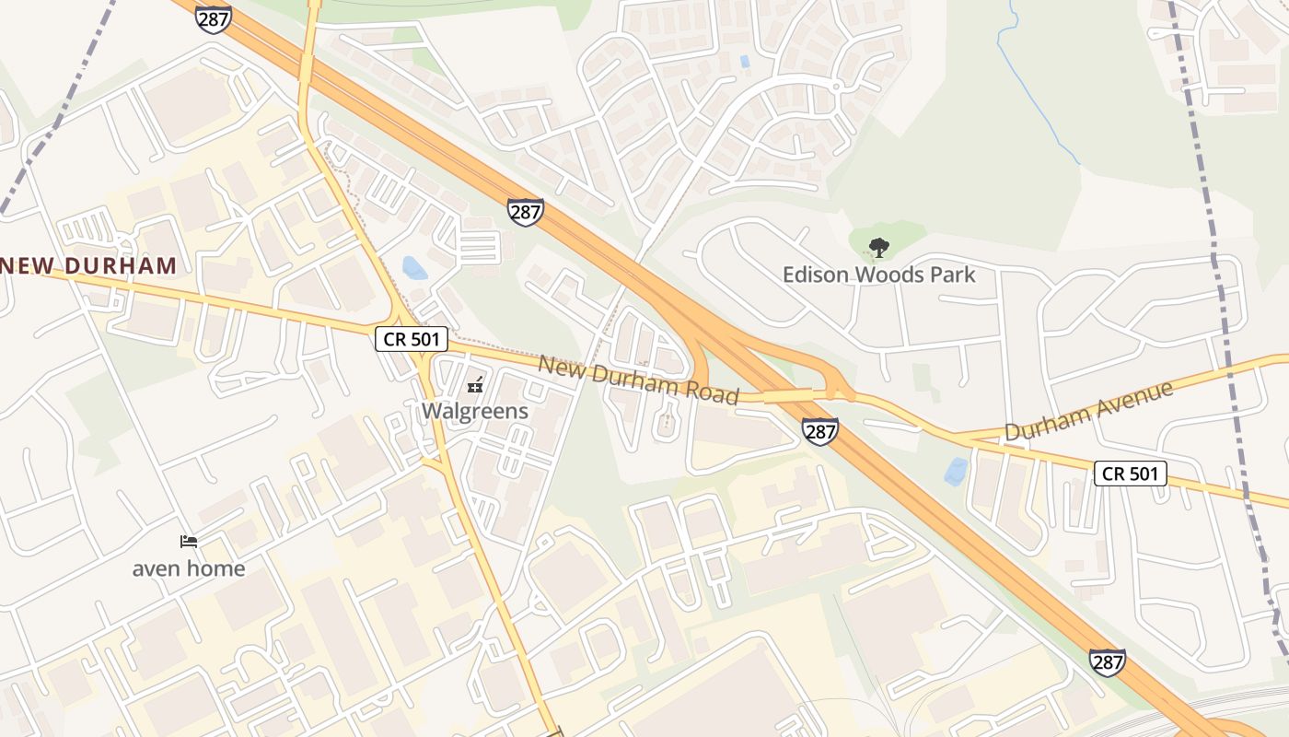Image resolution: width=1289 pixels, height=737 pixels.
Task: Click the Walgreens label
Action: click(x=475, y=411)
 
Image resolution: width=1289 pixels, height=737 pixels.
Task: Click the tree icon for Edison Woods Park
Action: click(x=879, y=247)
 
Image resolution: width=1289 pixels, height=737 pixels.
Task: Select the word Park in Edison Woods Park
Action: click(x=953, y=275)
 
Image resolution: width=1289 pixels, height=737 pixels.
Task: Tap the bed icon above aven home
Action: click(x=189, y=542)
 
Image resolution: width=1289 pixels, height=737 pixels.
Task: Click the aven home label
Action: click(x=189, y=568)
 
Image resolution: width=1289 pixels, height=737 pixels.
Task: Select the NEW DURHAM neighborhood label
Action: click(x=88, y=266)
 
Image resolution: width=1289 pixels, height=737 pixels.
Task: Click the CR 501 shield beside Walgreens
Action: click(x=412, y=339)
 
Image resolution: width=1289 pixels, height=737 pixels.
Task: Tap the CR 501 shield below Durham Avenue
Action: click(x=1131, y=474)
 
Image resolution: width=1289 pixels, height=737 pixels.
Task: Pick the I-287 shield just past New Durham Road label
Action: click(x=819, y=430)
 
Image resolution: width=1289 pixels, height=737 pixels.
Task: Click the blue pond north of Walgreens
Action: click(x=414, y=268)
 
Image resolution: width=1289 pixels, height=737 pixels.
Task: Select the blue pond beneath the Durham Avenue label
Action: click(x=956, y=471)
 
